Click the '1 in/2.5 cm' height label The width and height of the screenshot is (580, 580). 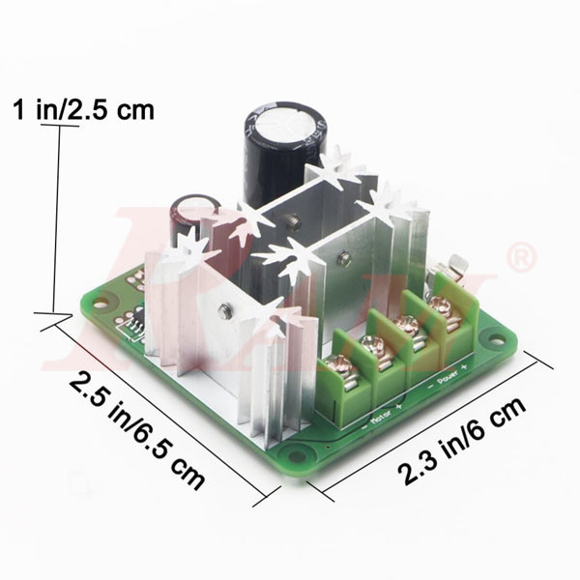tap(85, 109)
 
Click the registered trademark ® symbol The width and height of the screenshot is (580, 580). tap(521, 258)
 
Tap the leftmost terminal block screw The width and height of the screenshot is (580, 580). tap(340, 365)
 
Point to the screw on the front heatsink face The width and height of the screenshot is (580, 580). tap(223, 310)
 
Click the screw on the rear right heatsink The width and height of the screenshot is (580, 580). tap(343, 257)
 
